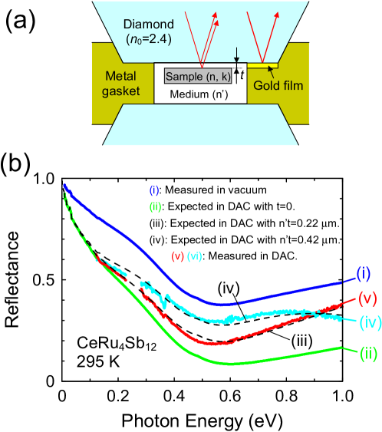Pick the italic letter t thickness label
(x=242, y=75)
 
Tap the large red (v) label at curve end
(x=367, y=298)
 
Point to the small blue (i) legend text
(x=155, y=190)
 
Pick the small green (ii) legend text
(x=156, y=206)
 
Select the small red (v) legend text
(x=177, y=256)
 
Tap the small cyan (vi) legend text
(x=194, y=256)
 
